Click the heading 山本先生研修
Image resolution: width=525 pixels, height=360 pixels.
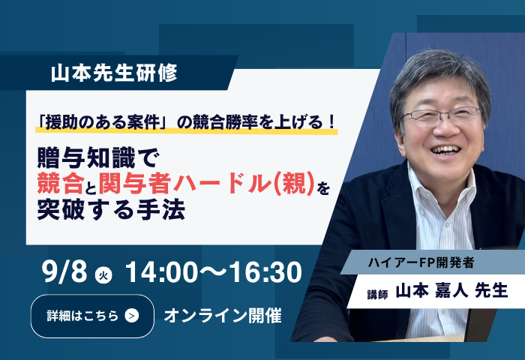tap(114, 73)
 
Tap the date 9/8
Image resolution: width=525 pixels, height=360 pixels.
tap(65, 271)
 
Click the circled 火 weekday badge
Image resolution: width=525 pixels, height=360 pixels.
tap(103, 275)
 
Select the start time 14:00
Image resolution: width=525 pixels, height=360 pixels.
tap(161, 272)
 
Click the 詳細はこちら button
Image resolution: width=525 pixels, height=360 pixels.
tap(92, 316)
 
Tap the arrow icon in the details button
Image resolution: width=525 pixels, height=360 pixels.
tap(131, 316)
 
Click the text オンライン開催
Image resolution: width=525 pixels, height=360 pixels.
tap(223, 316)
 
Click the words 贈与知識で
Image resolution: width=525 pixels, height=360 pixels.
tap(97, 157)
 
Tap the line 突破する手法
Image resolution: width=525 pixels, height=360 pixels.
tap(111, 210)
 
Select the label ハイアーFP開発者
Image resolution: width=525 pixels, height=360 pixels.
tap(421, 263)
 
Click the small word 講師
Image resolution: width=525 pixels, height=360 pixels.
tap(377, 294)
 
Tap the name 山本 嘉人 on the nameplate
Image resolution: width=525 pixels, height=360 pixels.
tap(431, 290)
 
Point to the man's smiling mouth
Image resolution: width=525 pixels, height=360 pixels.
tap(445, 149)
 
